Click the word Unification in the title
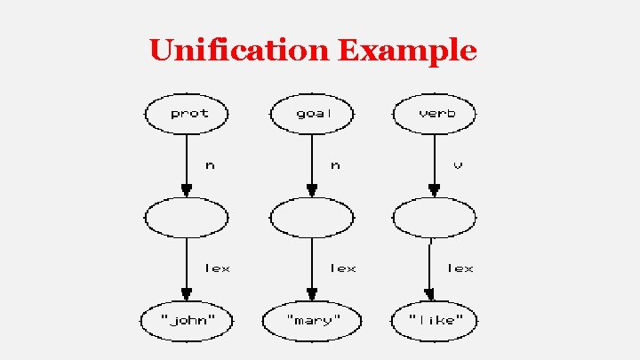(x=240, y=50)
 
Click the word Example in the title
(x=407, y=52)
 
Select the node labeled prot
(x=187, y=114)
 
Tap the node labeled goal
(x=312, y=114)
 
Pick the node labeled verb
(x=435, y=114)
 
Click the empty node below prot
(x=187, y=217)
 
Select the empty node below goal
(x=312, y=217)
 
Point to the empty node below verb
(x=435, y=217)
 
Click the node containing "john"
(x=187, y=319)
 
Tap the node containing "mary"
(x=312, y=319)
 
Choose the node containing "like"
(x=435, y=319)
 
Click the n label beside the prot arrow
(x=210, y=164)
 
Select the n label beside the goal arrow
(x=335, y=164)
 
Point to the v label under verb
(x=458, y=164)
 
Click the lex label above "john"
(x=217, y=267)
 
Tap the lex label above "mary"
(x=342, y=267)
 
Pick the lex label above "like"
(x=460, y=267)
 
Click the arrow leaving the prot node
(x=187, y=164)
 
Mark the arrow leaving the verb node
(x=435, y=164)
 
